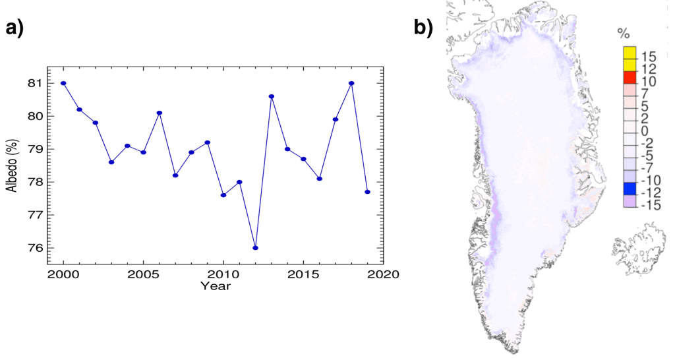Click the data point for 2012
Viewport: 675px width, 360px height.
pyautogui.click(x=255, y=248)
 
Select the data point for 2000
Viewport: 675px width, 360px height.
pyautogui.click(x=63, y=83)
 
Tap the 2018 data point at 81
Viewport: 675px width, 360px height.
pyautogui.click(x=351, y=83)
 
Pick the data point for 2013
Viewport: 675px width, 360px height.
pyautogui.click(x=271, y=96)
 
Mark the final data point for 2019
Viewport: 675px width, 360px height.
pyautogui.click(x=367, y=192)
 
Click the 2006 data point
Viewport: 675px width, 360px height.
pyautogui.click(x=160, y=113)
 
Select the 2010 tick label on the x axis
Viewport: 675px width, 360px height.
pyautogui.click(x=223, y=274)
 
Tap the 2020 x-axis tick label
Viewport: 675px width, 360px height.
pyautogui.click(x=383, y=274)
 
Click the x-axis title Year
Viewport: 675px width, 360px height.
pyautogui.click(x=216, y=285)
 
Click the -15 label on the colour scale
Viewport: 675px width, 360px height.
pyautogui.click(x=652, y=206)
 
